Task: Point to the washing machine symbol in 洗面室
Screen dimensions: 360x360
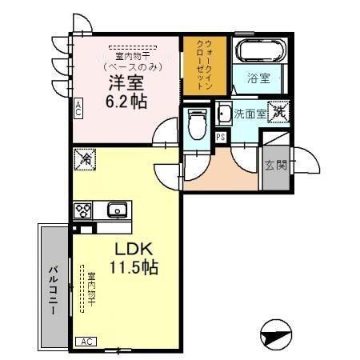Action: click(x=278, y=113)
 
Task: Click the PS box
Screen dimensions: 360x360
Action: click(x=221, y=137)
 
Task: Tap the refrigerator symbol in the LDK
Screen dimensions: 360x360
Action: click(x=83, y=160)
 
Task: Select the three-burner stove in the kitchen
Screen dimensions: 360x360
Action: click(x=82, y=210)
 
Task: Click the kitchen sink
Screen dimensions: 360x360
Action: click(x=118, y=210)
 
